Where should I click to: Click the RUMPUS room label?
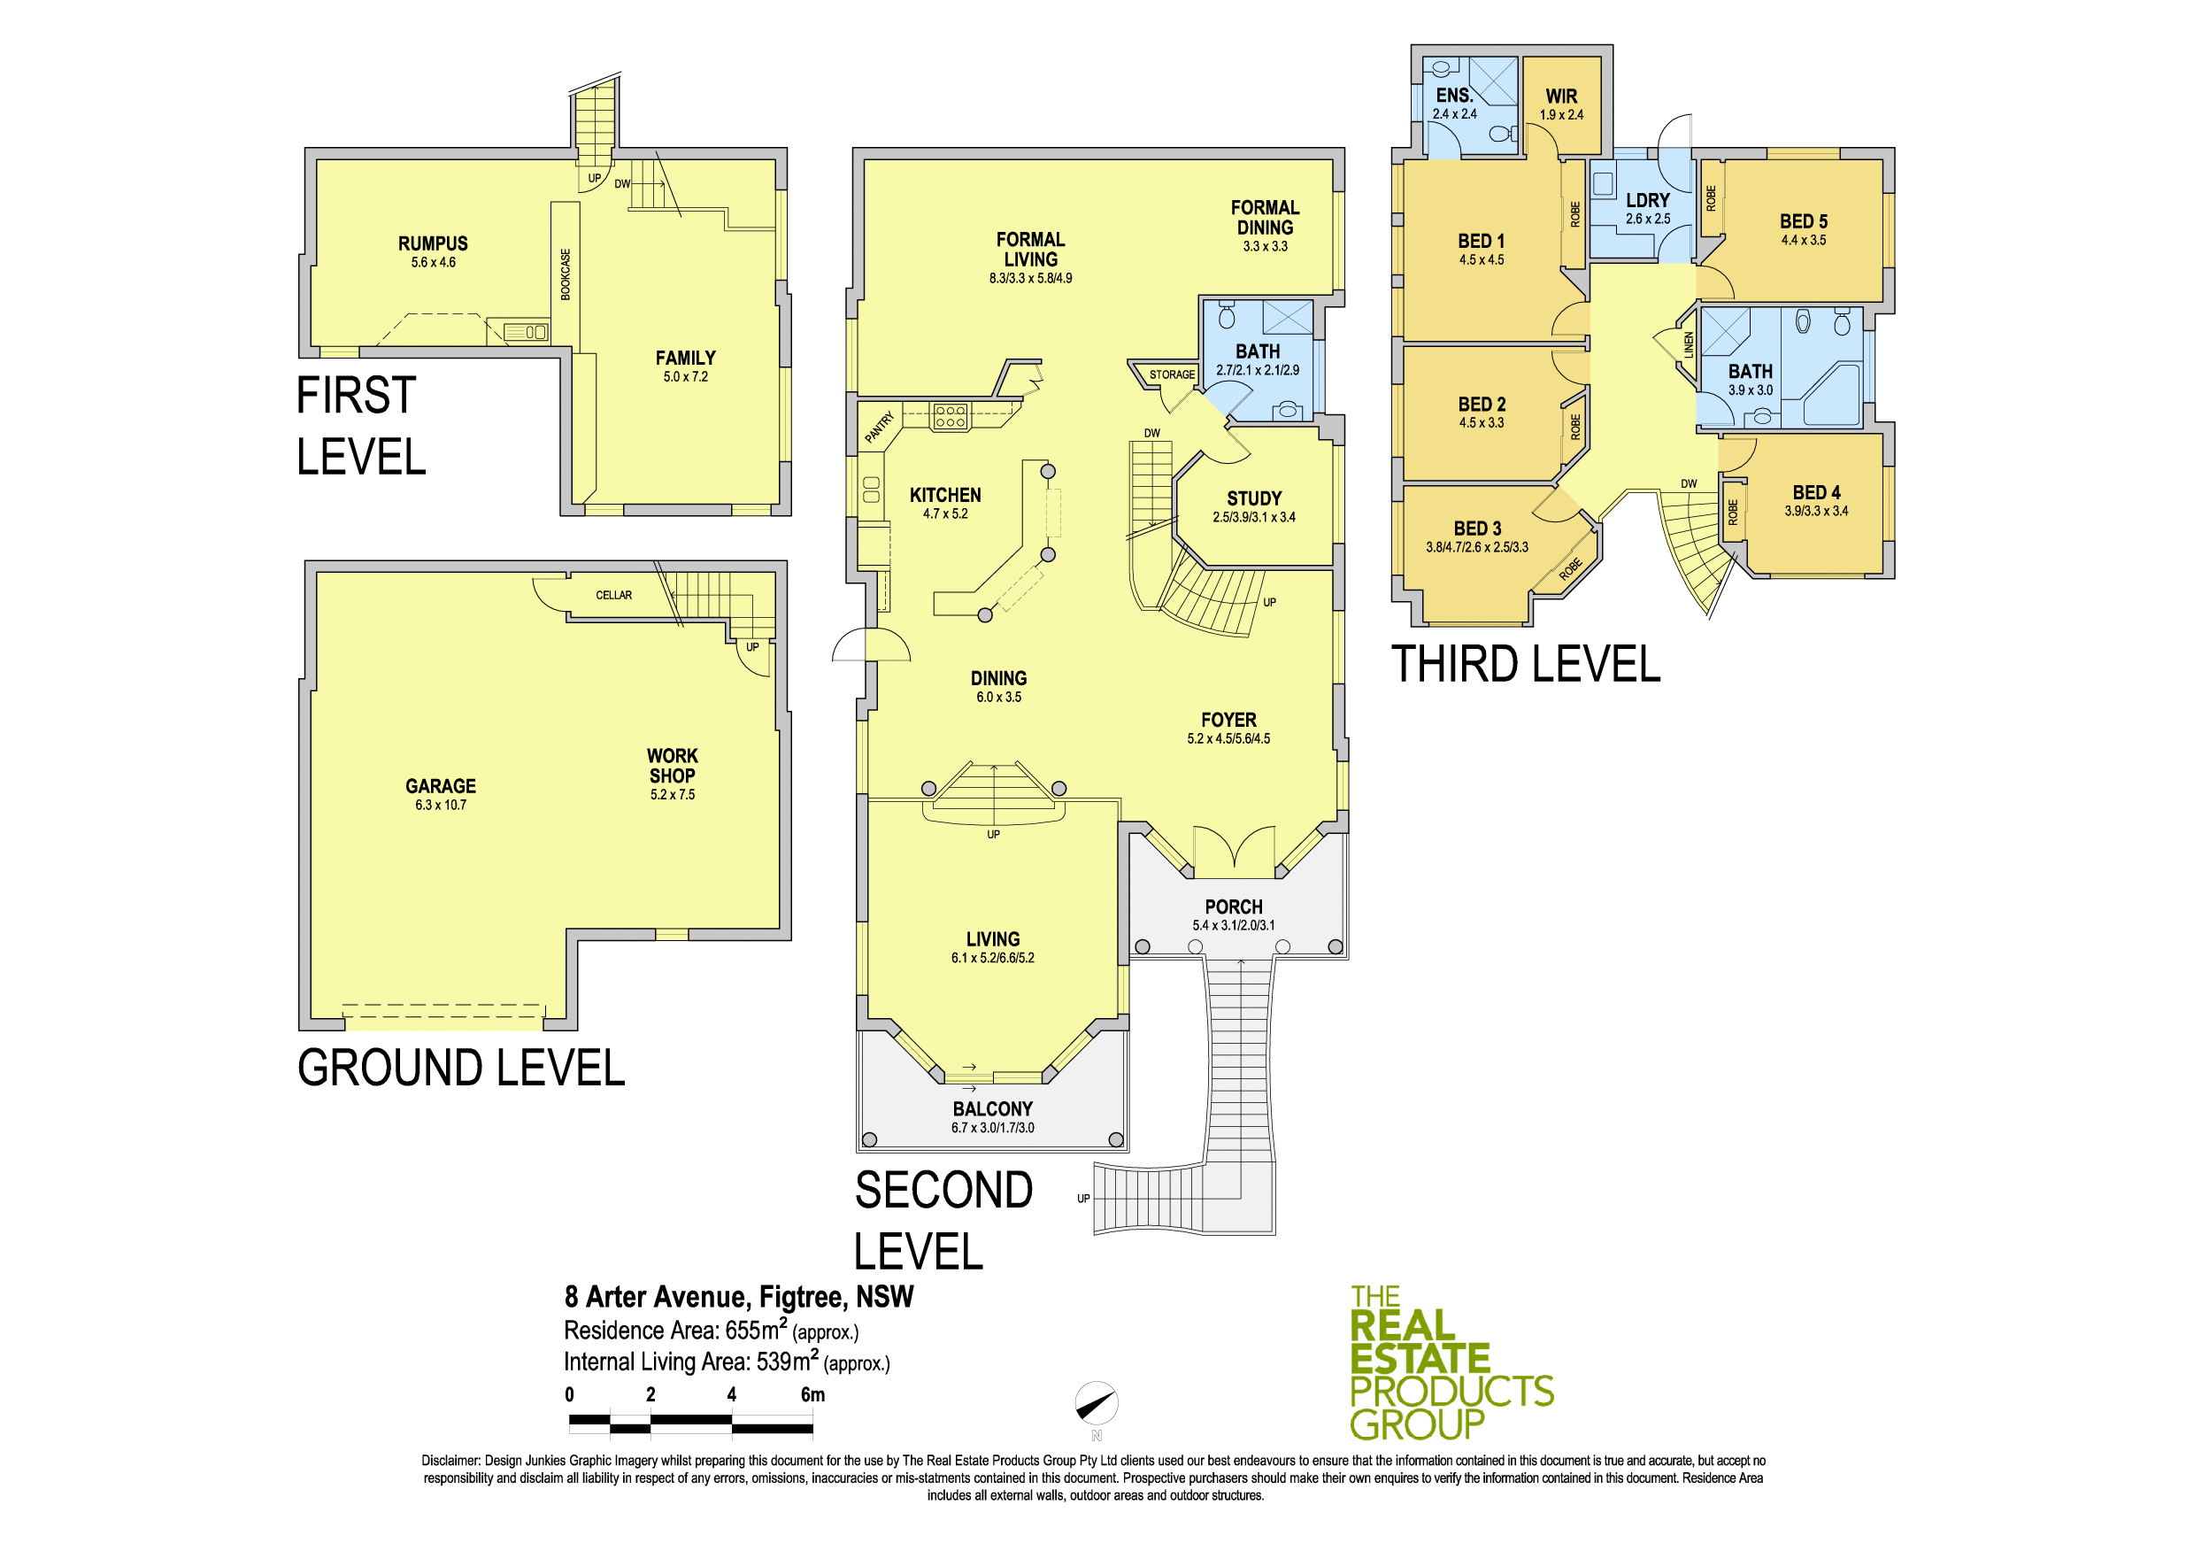(x=433, y=243)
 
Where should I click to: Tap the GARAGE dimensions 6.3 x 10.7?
(x=441, y=805)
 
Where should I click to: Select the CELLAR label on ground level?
(x=613, y=596)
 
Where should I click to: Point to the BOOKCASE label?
(x=566, y=274)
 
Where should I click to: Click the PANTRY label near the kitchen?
(x=879, y=428)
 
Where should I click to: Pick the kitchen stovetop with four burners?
(x=950, y=416)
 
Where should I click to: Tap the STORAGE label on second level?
(x=1172, y=374)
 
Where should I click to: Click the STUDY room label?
(x=1254, y=498)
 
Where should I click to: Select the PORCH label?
(x=1234, y=907)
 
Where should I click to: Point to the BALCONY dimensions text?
(x=992, y=1128)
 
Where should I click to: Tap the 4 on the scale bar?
(x=731, y=1394)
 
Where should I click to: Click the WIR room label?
(x=1561, y=96)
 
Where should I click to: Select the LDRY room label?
(x=1648, y=201)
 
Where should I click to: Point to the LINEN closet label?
(x=1689, y=345)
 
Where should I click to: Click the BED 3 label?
(x=1477, y=529)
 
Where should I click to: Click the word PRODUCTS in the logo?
(x=1451, y=1392)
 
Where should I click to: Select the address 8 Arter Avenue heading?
(x=739, y=1297)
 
